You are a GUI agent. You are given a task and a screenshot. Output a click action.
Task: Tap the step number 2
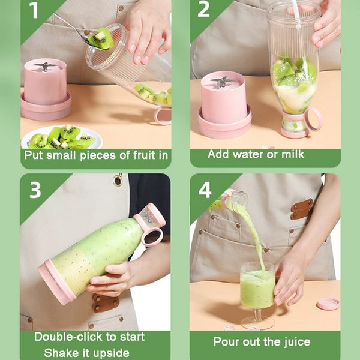click(204, 11)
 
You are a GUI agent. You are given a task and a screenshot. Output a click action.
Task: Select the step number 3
click(35, 190)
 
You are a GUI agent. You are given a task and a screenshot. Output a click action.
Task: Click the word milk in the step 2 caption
click(292, 155)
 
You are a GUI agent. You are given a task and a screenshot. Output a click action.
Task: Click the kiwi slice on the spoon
click(101, 38)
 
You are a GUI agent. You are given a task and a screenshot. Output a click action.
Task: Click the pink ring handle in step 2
click(313, 119)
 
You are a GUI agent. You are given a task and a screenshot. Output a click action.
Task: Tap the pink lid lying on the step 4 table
click(328, 304)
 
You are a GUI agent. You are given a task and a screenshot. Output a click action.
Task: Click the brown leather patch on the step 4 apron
click(301, 209)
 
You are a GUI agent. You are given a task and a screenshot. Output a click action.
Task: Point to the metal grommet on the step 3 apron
click(118, 180)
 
